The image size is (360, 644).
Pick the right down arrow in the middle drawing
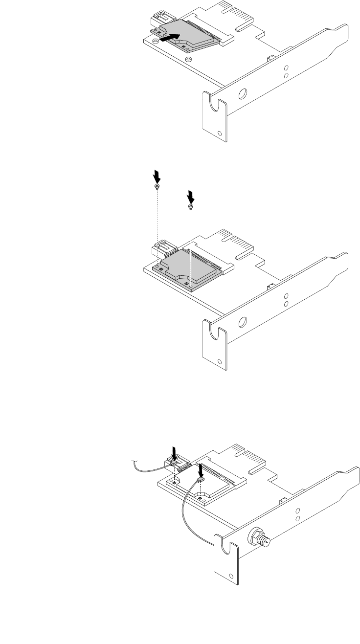(x=191, y=197)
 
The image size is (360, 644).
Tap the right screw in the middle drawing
(x=190, y=207)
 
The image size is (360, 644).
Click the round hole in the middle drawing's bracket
(x=241, y=322)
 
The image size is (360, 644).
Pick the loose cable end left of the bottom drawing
(x=136, y=461)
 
